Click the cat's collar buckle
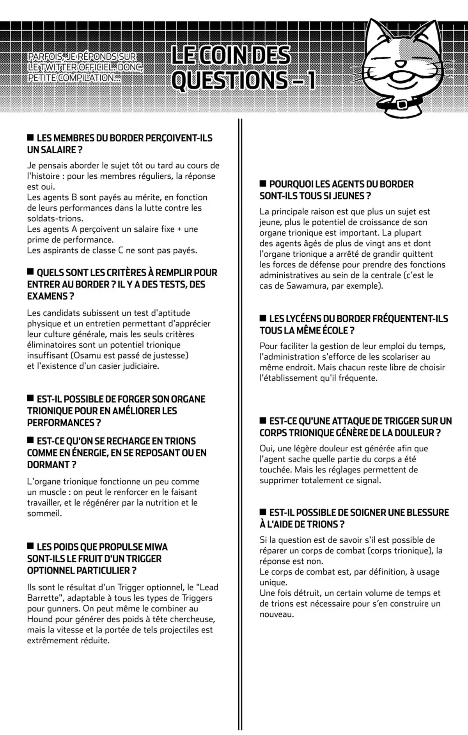point(402,105)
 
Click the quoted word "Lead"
point(207,587)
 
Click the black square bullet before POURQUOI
point(263,183)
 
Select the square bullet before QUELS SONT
point(30,272)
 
